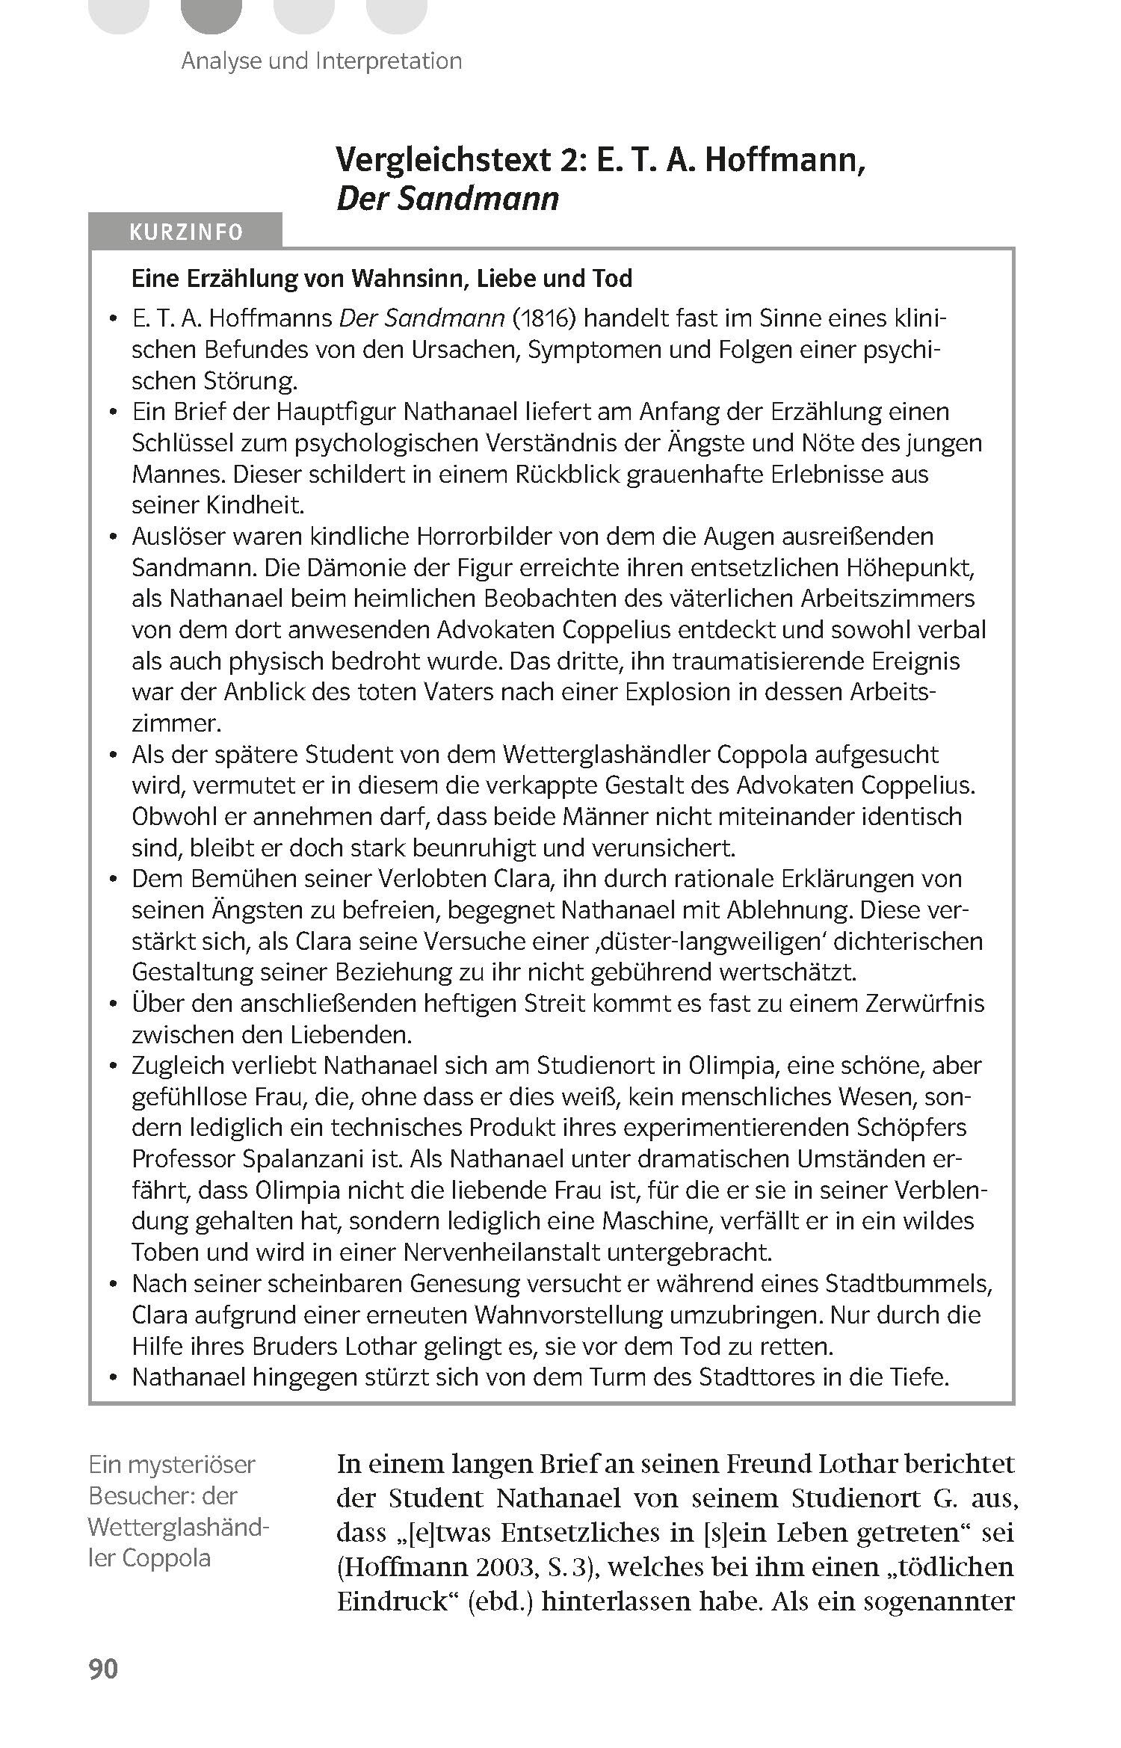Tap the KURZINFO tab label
[x=186, y=232]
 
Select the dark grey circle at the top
[x=211, y=11]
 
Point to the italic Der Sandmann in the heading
[x=448, y=199]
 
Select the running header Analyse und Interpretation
[x=321, y=61]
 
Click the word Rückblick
[x=567, y=475]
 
